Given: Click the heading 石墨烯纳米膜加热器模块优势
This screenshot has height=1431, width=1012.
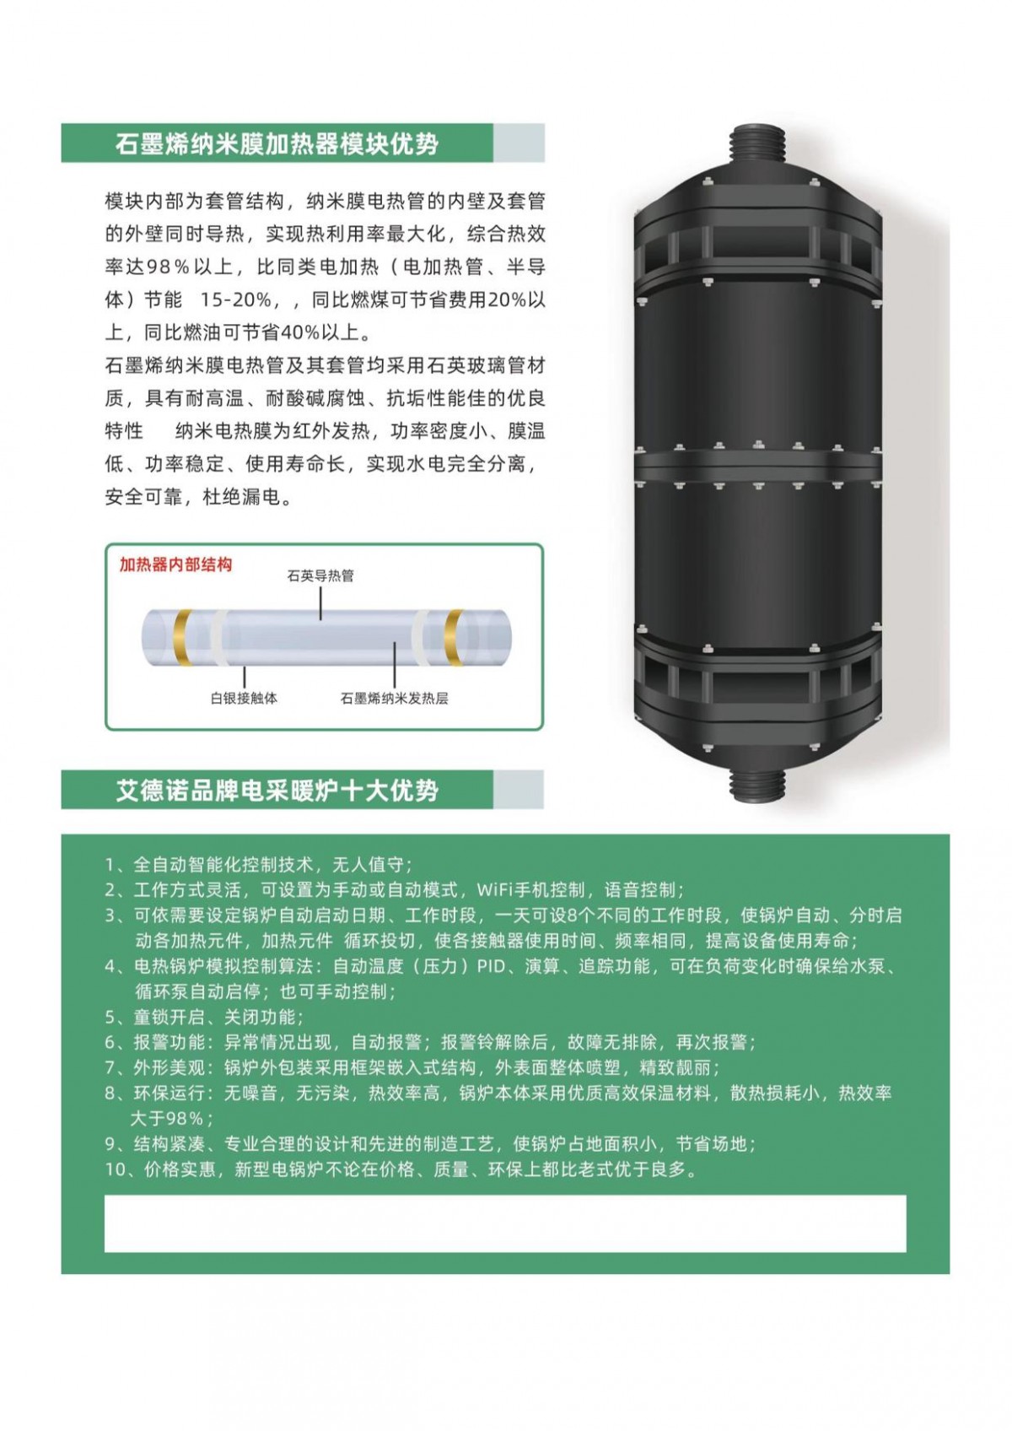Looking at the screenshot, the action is tap(277, 143).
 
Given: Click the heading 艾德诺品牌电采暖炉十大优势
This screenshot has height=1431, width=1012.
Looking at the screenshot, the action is tap(277, 791).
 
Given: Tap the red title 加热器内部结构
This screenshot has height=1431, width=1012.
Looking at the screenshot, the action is tap(175, 564).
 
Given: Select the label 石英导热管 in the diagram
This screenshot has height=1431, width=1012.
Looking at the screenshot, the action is tap(320, 576).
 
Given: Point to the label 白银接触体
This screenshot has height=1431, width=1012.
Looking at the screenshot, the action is tap(244, 699).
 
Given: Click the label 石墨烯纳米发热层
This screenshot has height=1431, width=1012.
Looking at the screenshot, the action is tap(394, 699).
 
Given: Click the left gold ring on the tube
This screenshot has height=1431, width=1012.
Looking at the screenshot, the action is tap(183, 638).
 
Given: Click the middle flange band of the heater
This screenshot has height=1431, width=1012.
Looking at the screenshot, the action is tap(757, 464).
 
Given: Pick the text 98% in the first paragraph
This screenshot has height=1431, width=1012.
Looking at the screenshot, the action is tap(168, 267).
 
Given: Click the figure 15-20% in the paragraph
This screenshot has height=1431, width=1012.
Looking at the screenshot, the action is tap(235, 300).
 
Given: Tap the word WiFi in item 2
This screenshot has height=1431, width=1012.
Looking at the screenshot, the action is tap(494, 890).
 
